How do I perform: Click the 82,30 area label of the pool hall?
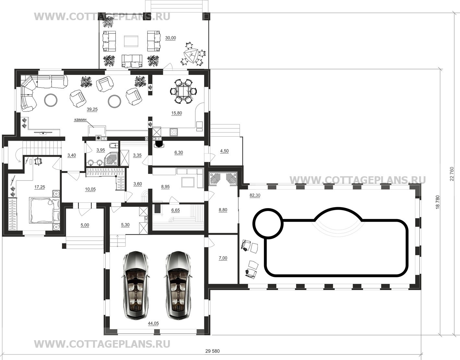[x=255, y=195]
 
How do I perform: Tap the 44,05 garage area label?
[x=153, y=323]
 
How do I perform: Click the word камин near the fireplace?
[x=80, y=120]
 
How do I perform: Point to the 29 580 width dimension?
[x=212, y=351]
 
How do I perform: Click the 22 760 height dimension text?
[x=452, y=174]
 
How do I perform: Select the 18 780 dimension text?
[x=438, y=202]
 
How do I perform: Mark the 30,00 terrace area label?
[x=170, y=38]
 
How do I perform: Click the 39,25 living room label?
[x=92, y=109]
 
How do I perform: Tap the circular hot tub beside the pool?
[x=268, y=224]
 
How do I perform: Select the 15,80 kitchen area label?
[x=176, y=113]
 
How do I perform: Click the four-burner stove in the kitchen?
[x=174, y=132]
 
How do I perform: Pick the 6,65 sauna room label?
[x=176, y=210]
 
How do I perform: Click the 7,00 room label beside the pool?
[x=223, y=258]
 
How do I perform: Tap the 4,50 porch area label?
[x=224, y=151]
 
